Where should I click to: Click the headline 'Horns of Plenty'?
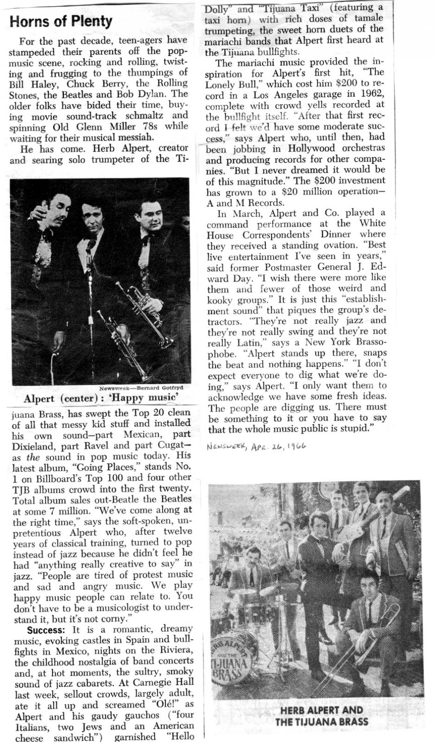tap(61, 21)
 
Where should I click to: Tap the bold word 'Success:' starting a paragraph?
tap(45, 630)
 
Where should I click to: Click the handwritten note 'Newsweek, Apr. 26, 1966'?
tap(256, 446)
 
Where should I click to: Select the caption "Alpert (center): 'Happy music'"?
tap(101, 398)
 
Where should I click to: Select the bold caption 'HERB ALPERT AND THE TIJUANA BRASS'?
tap(322, 716)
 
